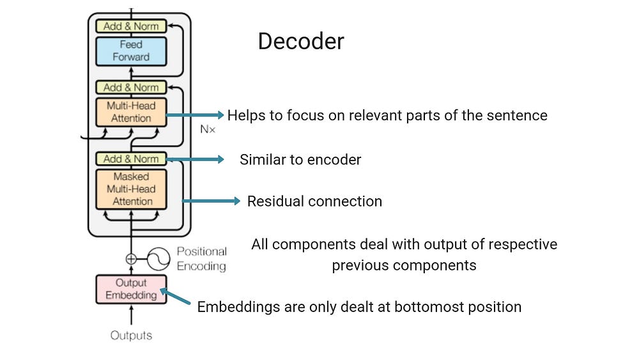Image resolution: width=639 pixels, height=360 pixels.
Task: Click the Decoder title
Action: tap(300, 42)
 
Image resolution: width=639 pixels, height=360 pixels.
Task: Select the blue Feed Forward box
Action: tap(131, 51)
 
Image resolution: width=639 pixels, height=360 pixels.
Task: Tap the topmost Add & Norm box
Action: tap(131, 26)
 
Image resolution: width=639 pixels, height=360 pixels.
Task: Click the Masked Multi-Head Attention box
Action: tap(131, 189)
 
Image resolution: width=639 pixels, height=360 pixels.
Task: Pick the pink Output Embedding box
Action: tap(131, 289)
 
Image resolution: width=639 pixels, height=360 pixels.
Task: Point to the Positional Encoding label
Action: tap(201, 258)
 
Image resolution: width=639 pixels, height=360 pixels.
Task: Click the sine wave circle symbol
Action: tap(157, 259)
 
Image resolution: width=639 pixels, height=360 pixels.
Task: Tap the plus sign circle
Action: tap(131, 259)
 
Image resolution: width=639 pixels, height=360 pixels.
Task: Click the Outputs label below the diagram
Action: tap(131, 335)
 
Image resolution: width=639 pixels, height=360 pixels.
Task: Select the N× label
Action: tap(208, 129)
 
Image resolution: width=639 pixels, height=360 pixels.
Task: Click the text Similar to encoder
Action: tap(300, 160)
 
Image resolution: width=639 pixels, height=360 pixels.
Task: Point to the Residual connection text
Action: tap(314, 201)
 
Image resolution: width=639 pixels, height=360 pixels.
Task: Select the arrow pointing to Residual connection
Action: tap(211, 201)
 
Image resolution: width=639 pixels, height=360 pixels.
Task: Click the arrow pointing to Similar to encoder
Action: tap(195, 159)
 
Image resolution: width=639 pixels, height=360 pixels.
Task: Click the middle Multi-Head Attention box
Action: tap(131, 112)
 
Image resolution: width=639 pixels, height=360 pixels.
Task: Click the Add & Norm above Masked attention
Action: tap(131, 159)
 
